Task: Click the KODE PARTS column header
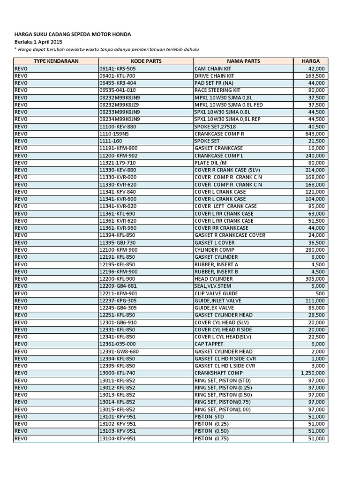pos(146,61)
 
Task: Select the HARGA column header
pos(311,61)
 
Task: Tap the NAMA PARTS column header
pos(243,61)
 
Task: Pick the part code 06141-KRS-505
pos(117,68)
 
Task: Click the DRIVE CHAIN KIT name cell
pos(214,75)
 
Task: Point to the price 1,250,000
pos(311,373)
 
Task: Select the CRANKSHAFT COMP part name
pos(216,373)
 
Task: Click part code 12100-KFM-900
pos(118,250)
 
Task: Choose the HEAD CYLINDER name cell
pos(212,279)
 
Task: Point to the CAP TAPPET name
pos(209,344)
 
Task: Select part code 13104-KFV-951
pos(118,438)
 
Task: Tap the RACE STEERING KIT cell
pos(217,90)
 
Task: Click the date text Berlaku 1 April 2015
pos(41,42)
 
